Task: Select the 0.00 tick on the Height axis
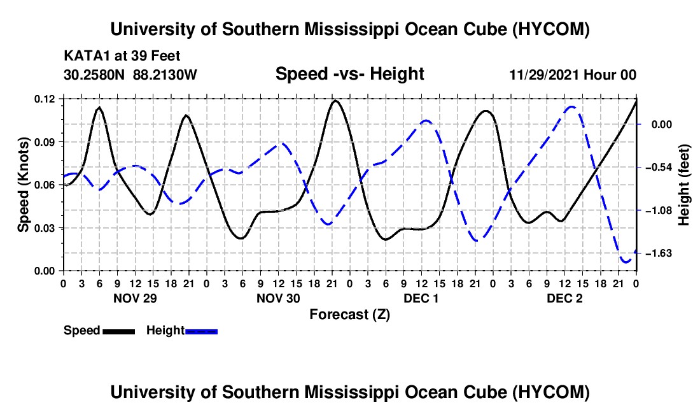pos(662,124)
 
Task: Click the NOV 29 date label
pos(135,298)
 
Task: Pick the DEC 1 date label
pos(421,298)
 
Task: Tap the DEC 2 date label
pos(564,298)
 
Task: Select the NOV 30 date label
pos(278,298)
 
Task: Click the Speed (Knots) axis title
pos(23,185)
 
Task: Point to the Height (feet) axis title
pos(684,185)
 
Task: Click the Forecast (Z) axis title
pos(350,315)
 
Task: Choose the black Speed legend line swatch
pos(119,331)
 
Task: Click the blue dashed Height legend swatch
pos(201,331)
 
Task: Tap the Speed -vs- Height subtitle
pos(350,74)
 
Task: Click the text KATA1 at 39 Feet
pos(122,56)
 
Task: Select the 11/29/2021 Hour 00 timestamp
pos(573,75)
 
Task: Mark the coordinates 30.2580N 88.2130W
pos(130,75)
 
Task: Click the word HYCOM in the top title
pos(551,29)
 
